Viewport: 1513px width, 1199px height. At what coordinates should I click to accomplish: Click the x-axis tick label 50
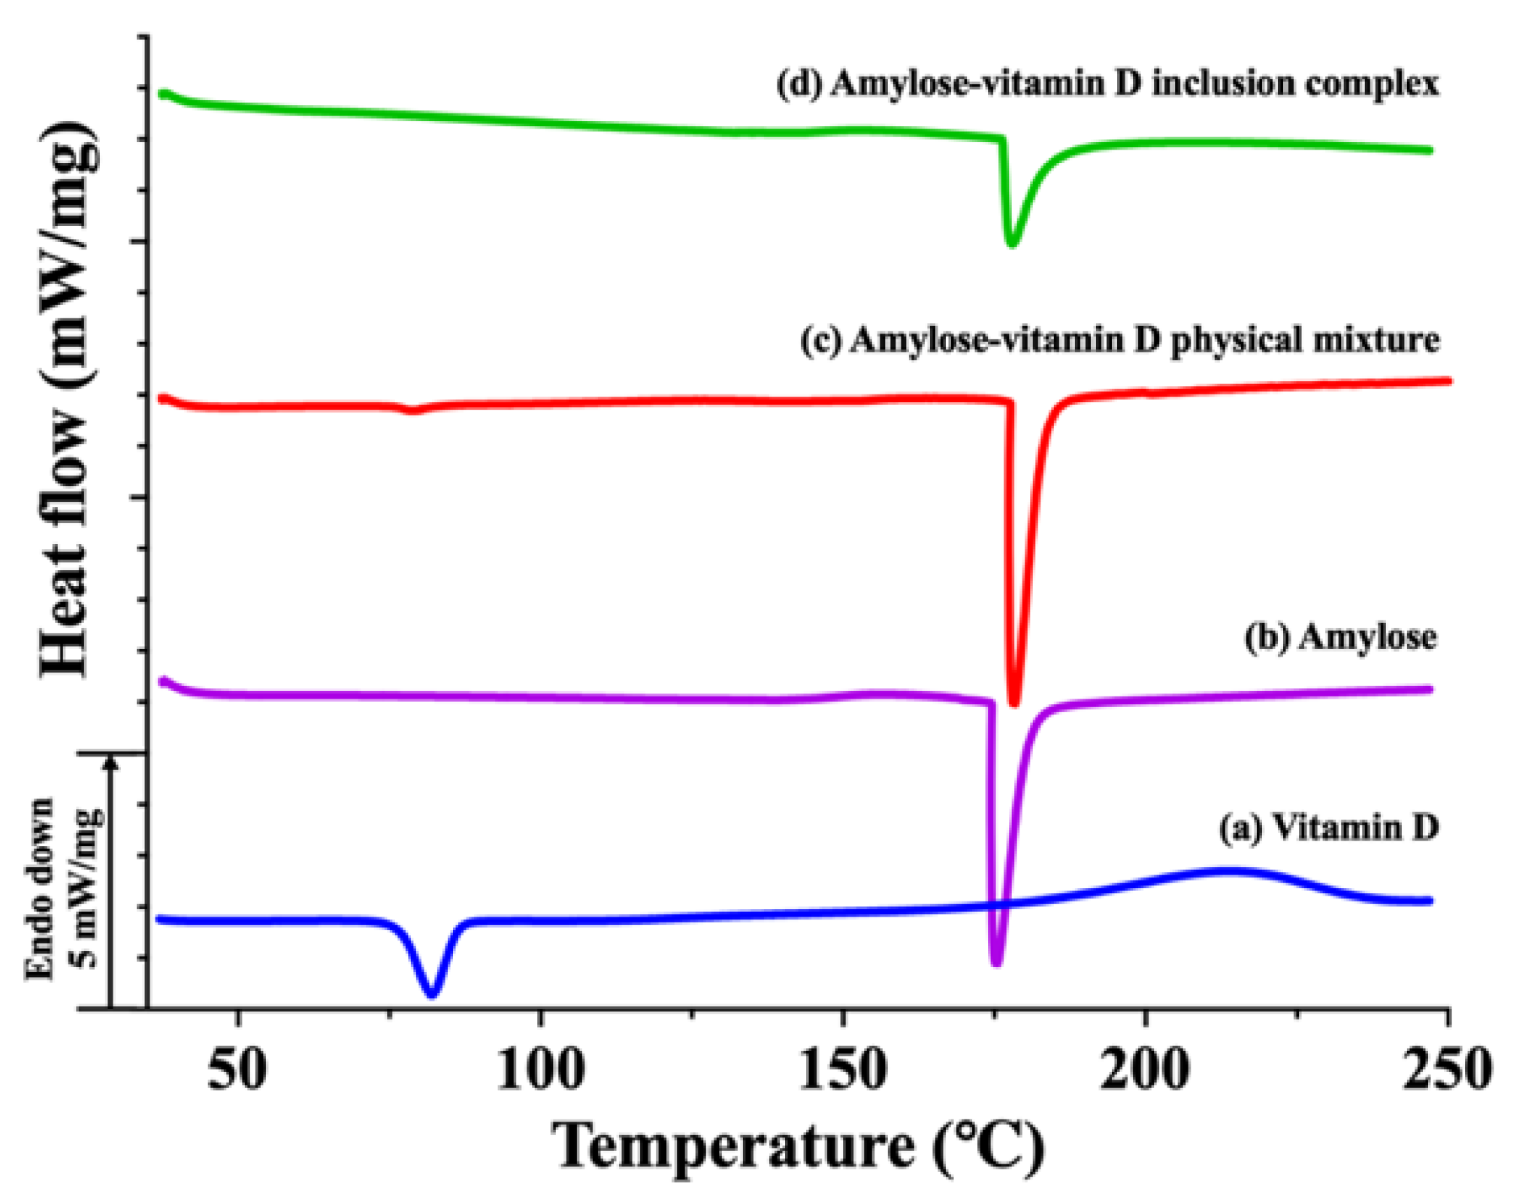pos(237,1070)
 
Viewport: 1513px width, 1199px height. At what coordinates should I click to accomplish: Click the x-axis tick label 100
pos(541,1070)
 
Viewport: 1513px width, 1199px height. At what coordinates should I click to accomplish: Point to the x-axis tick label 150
pos(843,1070)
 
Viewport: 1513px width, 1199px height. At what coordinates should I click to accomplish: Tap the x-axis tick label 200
pos(1146,1070)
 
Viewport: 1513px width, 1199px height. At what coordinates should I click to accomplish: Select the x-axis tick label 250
pos(1447,1070)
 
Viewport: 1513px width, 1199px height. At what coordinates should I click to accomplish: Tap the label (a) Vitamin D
pos(1328,828)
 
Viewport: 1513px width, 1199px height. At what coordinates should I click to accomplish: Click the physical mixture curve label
pos(1119,340)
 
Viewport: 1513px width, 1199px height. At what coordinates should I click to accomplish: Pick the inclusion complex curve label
pos(1107,83)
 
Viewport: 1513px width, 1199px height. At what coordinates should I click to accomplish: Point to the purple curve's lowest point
pos(996,962)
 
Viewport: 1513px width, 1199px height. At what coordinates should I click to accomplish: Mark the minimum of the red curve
pos(1014,703)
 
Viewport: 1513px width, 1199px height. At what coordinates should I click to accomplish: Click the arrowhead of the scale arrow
pos(111,763)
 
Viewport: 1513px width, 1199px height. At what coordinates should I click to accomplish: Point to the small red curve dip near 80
pos(411,410)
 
